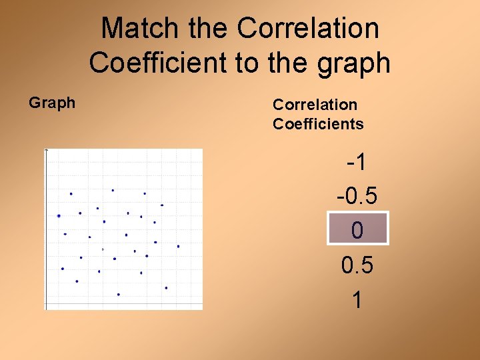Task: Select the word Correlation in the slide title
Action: point(308,28)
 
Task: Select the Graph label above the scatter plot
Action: point(52,103)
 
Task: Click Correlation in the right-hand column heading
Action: point(315,104)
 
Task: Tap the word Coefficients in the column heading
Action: point(318,123)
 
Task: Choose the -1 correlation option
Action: point(357,161)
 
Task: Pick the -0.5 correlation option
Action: point(357,196)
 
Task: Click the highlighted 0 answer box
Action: point(357,231)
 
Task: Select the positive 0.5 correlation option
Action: point(357,265)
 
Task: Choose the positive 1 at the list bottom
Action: point(357,300)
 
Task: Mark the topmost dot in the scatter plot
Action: point(113,190)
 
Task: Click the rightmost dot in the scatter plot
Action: point(178,246)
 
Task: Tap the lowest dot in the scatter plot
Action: point(119,294)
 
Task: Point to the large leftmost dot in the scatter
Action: point(59,216)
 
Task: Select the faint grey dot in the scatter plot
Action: point(103,249)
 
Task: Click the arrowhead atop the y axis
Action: point(46,151)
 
